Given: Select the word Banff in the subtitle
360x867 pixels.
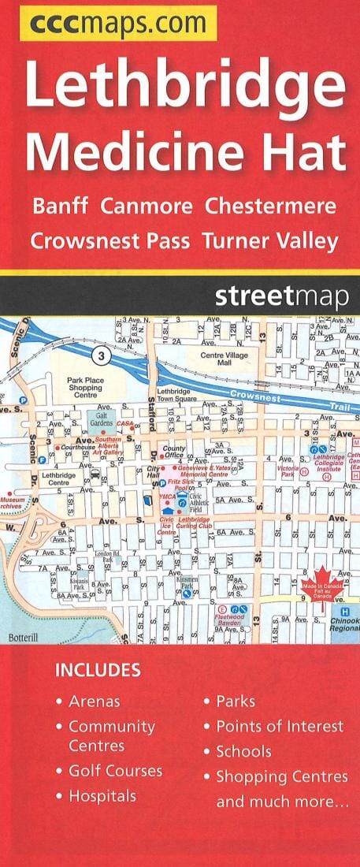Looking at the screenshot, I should [61, 207].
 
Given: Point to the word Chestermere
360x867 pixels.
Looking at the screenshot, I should [270, 207].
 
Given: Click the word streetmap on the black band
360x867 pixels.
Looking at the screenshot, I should [280, 299].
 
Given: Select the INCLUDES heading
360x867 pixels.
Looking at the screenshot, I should [98, 671].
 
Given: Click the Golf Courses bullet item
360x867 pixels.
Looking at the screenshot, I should [115, 771].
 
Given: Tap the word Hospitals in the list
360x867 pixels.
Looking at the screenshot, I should [102, 796].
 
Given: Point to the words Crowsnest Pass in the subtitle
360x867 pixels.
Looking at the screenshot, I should [110, 241].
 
